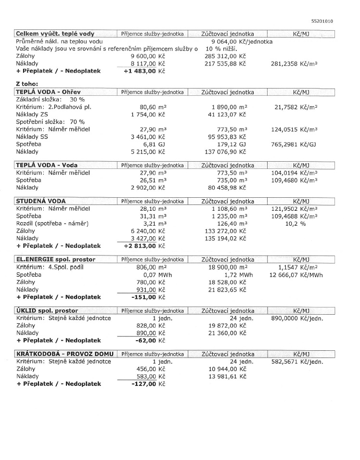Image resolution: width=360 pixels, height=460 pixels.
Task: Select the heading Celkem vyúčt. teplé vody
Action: pyautogui.click(x=55, y=34)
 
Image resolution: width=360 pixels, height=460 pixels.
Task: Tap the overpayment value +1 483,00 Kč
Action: pyautogui.click(x=144, y=71)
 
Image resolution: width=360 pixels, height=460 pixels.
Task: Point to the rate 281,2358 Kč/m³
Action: pyautogui.click(x=306, y=63)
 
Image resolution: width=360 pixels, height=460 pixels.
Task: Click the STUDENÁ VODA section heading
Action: pyautogui.click(x=41, y=201)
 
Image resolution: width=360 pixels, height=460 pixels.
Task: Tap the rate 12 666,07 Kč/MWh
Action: pyautogui.click(x=296, y=275)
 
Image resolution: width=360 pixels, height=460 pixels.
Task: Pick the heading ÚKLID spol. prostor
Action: pyautogui.click(x=47, y=311)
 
